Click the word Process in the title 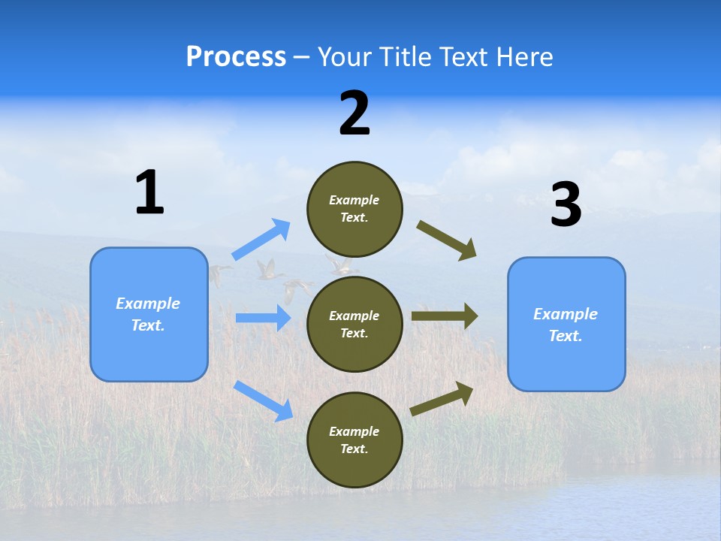tap(236, 57)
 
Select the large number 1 tap(149, 192)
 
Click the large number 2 tap(354, 113)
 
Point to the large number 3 tap(566, 204)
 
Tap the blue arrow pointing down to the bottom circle tap(264, 400)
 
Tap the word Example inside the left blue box tap(148, 304)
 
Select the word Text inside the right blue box tap(565, 336)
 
